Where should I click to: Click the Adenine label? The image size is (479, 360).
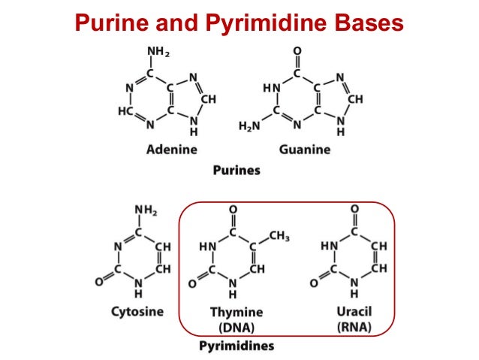[x=171, y=150]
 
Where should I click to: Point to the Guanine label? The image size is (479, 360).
[x=304, y=150]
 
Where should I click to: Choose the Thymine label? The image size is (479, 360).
[x=236, y=312]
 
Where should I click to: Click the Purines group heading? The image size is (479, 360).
[x=236, y=170]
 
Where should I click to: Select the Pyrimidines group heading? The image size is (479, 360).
[x=236, y=346]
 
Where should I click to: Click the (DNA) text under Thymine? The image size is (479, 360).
[x=236, y=328]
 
